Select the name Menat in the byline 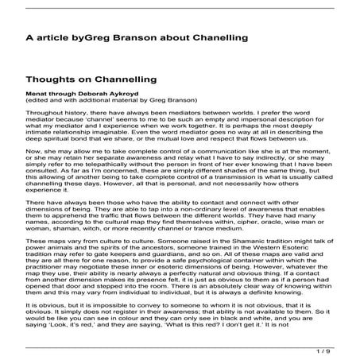point(37,96)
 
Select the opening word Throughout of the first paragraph point(45,114)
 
